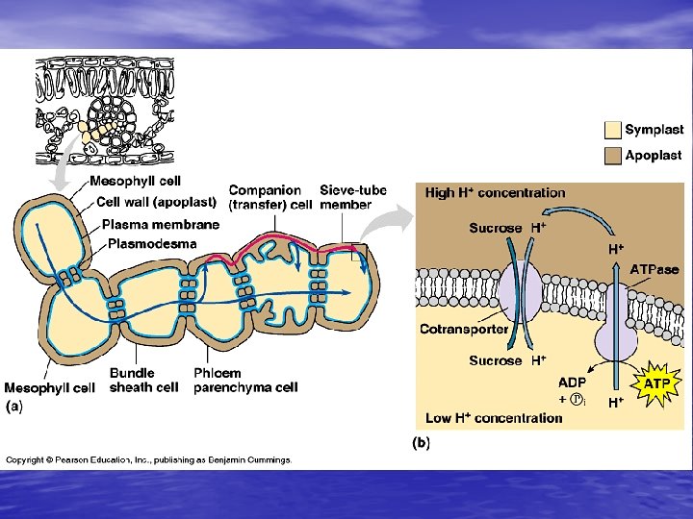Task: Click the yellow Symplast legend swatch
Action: tap(612, 130)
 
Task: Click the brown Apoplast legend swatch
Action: tap(612, 156)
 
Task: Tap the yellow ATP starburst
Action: tap(657, 383)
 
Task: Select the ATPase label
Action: tap(654, 269)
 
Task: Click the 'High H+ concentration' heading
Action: tap(496, 193)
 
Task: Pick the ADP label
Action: tap(572, 382)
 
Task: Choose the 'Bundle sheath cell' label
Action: tap(143, 381)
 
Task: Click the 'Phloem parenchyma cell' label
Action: tap(245, 381)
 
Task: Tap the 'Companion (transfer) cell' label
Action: tap(269, 197)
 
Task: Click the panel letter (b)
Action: tap(421, 443)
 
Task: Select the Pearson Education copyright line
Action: tap(149, 460)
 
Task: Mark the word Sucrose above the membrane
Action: tap(495, 229)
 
